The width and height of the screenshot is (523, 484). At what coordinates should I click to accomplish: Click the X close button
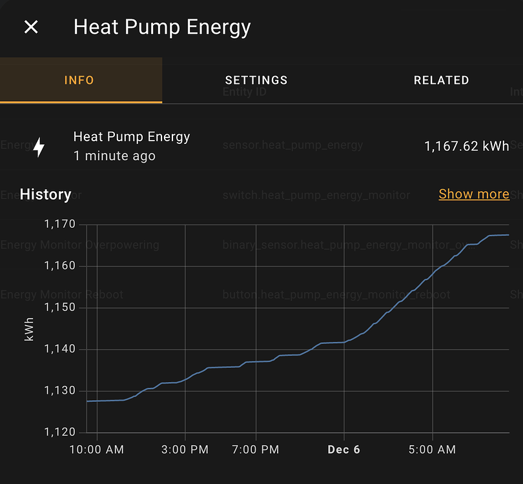tap(31, 27)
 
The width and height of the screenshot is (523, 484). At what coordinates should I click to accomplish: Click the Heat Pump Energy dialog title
tap(162, 27)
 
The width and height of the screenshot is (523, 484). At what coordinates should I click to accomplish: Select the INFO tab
tap(79, 81)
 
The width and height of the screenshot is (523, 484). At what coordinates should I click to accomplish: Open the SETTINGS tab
tap(256, 81)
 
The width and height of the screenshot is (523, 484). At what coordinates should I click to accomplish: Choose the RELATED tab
tap(441, 81)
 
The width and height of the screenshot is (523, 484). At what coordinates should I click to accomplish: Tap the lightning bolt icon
tap(39, 147)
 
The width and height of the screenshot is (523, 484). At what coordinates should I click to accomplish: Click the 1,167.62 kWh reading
tap(466, 146)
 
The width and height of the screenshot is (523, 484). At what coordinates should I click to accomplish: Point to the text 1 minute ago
tap(114, 156)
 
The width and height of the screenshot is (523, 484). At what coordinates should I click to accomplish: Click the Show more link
tap(473, 194)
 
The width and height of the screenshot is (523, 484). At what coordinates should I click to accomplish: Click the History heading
tap(45, 194)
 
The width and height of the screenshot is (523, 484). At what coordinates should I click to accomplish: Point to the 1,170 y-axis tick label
tap(60, 225)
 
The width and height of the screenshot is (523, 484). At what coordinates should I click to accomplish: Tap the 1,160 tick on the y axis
tap(60, 266)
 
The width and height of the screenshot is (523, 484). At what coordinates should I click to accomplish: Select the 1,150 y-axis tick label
tap(60, 308)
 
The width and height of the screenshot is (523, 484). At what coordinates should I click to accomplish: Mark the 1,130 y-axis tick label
tap(60, 390)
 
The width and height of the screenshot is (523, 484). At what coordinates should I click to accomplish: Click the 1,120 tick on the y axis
tap(60, 432)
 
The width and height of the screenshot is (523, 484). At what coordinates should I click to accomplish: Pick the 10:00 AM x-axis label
tap(97, 450)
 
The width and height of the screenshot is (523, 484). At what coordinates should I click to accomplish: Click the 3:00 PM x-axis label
tap(185, 450)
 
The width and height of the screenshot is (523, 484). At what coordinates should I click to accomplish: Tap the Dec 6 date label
tap(344, 450)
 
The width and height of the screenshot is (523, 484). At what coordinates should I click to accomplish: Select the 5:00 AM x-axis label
tap(432, 450)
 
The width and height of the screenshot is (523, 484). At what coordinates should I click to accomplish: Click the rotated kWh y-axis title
tap(29, 328)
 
